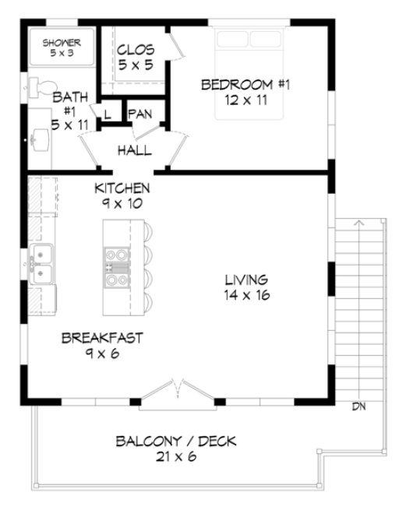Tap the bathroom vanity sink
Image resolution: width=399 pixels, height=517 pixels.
pyautogui.click(x=40, y=141)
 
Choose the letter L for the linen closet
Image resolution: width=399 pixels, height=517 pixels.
pyautogui.click(x=107, y=114)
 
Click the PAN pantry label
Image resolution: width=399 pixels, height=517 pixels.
pyautogui.click(x=140, y=114)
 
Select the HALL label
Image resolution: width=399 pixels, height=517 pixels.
pyautogui.click(x=134, y=149)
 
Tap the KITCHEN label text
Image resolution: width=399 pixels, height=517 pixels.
pyautogui.click(x=122, y=188)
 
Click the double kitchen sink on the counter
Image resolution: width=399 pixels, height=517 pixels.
pyautogui.click(x=41, y=263)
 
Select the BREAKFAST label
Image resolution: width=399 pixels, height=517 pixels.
pyautogui.click(x=102, y=339)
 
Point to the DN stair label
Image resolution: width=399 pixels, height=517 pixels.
pyautogui.click(x=358, y=406)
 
